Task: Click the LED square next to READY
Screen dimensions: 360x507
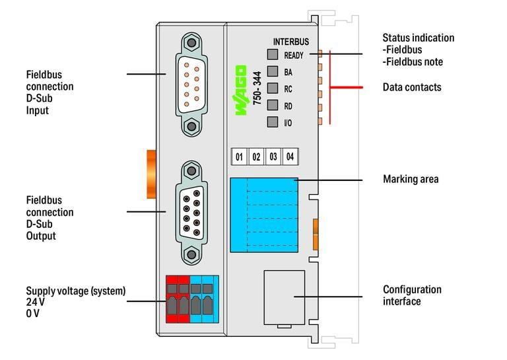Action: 272,55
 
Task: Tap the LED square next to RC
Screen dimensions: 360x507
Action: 272,89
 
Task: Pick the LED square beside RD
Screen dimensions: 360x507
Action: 272,105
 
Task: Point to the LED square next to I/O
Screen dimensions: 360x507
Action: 272,122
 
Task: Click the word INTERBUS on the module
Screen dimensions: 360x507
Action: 291,42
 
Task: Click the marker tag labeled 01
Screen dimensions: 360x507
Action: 239,157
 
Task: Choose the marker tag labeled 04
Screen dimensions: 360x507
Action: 289,157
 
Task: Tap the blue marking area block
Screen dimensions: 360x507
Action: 263,215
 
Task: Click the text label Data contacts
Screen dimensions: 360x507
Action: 412,87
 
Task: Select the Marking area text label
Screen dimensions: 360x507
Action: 411,179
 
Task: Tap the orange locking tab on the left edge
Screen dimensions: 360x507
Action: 150,174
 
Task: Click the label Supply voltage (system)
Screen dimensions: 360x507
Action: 75,291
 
